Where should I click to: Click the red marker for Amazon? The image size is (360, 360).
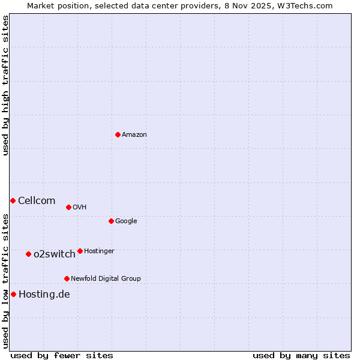pyautogui.click(x=118, y=134)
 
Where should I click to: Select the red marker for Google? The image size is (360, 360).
pyautogui.click(x=111, y=221)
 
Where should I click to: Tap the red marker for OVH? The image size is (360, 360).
pyautogui.click(x=68, y=207)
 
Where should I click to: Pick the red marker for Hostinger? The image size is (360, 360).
pyautogui.click(x=80, y=251)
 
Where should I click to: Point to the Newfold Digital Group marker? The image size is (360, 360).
pyautogui.click(x=67, y=278)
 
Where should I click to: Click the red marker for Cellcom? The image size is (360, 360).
pyautogui.click(x=13, y=200)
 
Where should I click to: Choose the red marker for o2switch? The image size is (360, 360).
pyautogui.click(x=28, y=254)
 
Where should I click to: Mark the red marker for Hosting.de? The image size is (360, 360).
pyautogui.click(x=13, y=294)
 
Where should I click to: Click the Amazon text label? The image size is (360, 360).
pyautogui.click(x=134, y=135)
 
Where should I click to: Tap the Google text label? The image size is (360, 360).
pyautogui.click(x=126, y=221)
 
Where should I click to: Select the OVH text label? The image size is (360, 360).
pyautogui.click(x=80, y=208)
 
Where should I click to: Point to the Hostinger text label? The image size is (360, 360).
pyautogui.click(x=99, y=251)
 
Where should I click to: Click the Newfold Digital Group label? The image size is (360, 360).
pyautogui.click(x=106, y=279)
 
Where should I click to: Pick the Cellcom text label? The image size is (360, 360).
pyautogui.click(x=37, y=201)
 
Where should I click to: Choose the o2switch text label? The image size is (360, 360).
pyautogui.click(x=55, y=254)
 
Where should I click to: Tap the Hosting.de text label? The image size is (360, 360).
pyautogui.click(x=44, y=295)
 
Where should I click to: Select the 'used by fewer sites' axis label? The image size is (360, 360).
pyautogui.click(x=62, y=356)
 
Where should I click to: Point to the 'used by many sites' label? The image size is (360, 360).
pyautogui.click(x=301, y=356)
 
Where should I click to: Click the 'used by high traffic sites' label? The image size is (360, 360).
pyautogui.click(x=5, y=85)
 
